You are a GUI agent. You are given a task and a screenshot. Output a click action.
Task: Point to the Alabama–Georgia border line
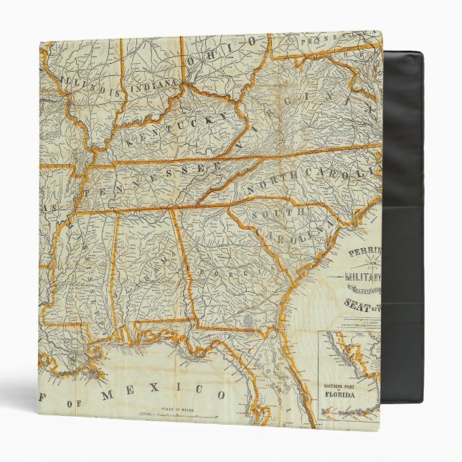tap(182, 265)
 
